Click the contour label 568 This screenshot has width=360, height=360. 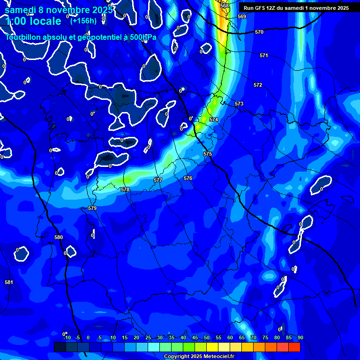tap(225, 6)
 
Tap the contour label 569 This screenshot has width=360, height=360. tap(242, 16)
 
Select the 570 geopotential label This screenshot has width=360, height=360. tap(259, 32)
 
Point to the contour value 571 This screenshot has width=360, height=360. tap(264, 55)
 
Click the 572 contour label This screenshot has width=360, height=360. tap(258, 85)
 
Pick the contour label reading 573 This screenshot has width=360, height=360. tap(239, 104)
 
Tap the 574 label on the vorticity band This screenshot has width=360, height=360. tap(214, 120)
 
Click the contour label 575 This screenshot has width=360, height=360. tap(208, 154)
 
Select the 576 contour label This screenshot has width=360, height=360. tap(188, 178)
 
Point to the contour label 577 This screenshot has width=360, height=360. tap(158, 180)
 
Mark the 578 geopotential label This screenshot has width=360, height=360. tap(125, 189)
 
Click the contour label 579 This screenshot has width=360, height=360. tap(92, 208)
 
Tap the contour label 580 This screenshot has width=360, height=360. tap(58, 237)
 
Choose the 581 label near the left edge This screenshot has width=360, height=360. tap(9, 282)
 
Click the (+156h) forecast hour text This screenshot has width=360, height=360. tap(83, 21)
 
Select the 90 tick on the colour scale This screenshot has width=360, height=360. tap(300, 337)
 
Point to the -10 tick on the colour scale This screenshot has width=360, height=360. tap(67, 337)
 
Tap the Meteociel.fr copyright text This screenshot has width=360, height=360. tap(205, 356)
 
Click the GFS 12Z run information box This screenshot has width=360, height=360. tap(296, 8)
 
